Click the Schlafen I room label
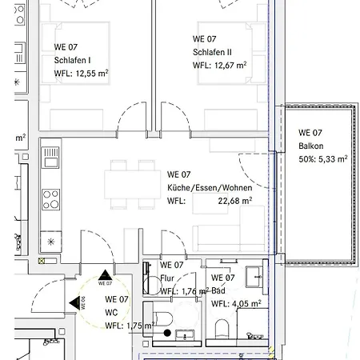point(72,60)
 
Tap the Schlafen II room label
point(212,52)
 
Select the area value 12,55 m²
point(92,74)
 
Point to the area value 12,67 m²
point(230,65)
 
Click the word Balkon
point(311,146)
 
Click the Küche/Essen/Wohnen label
point(210,187)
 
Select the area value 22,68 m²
point(235,201)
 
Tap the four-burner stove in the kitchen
point(50,199)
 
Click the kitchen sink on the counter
point(50,158)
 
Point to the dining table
point(133,185)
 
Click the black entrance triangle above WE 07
point(105,275)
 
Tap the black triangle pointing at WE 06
point(75,303)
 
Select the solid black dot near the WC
point(167,333)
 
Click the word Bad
point(218,290)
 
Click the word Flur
point(167,278)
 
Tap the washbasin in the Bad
point(255,277)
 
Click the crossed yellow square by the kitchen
point(42,261)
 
